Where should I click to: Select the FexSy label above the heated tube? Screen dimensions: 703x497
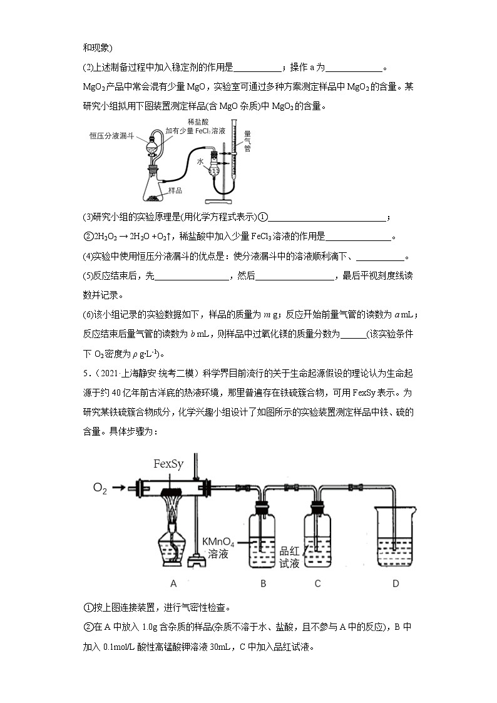[169, 464]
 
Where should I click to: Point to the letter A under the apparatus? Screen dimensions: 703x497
[173, 583]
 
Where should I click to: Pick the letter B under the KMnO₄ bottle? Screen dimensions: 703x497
[264, 583]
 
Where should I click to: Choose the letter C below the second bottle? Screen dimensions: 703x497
[317, 583]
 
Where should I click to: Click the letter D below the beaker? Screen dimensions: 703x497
[395, 583]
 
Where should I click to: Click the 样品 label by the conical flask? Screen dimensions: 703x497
[175, 190]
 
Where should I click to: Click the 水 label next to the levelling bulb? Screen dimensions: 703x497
[201, 161]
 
